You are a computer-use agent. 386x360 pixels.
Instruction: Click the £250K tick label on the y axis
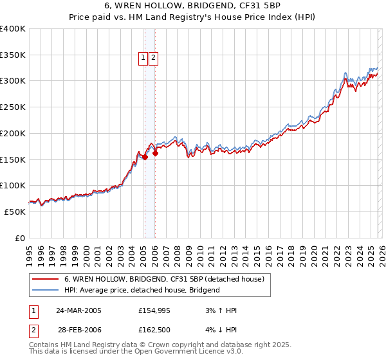point(13,107)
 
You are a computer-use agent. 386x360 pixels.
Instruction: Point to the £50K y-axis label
point(15,212)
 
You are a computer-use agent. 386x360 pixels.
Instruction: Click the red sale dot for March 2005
point(145,156)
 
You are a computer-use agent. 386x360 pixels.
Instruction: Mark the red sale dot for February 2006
point(155,153)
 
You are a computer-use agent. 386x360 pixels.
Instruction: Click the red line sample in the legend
point(45,280)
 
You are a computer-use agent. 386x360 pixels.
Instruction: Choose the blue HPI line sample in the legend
point(45,290)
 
